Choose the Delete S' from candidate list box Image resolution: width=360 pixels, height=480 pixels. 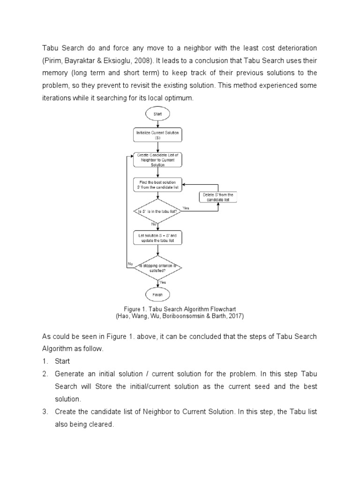click(x=218, y=197)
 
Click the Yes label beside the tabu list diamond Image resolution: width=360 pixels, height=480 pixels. click(x=186, y=208)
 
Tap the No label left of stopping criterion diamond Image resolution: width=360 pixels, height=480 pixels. click(x=130, y=264)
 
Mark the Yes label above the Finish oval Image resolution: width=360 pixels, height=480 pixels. click(x=163, y=282)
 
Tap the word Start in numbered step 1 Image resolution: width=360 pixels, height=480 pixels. click(x=62, y=361)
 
